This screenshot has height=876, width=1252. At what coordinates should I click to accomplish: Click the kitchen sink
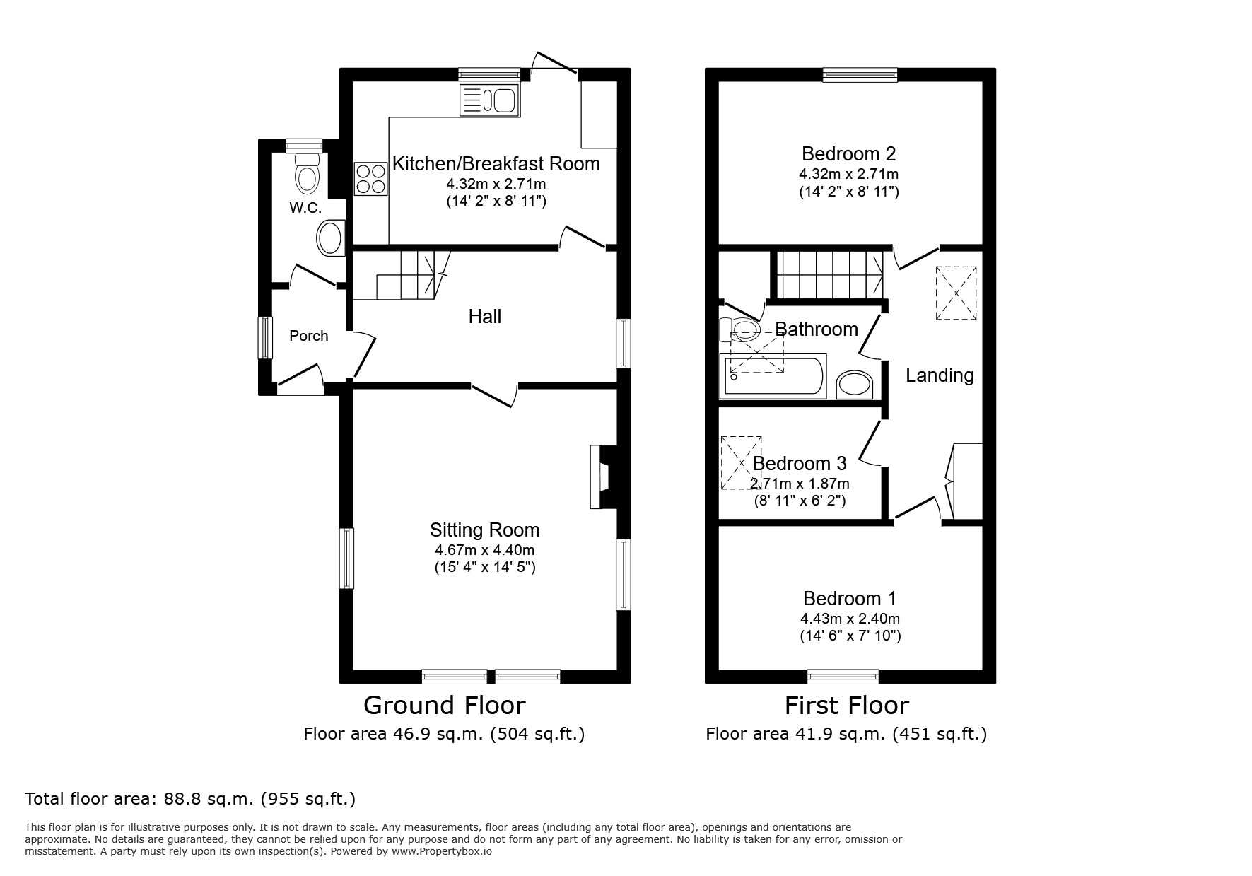click(489, 100)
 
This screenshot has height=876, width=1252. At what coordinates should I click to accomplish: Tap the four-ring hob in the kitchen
click(371, 178)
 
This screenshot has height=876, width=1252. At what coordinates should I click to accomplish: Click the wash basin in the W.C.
click(331, 238)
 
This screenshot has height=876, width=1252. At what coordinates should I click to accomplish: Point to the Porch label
click(309, 336)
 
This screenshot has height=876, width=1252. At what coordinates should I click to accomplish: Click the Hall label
click(485, 316)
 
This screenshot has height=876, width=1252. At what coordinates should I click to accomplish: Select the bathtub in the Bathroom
click(772, 375)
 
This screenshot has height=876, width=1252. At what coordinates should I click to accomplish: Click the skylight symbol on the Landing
click(956, 293)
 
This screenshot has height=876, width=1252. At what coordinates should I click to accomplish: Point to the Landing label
click(940, 375)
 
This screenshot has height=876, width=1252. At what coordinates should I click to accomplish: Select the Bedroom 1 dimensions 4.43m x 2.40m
click(850, 619)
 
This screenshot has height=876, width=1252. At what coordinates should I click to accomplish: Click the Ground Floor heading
click(444, 706)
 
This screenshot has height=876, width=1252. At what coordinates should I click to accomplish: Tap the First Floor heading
click(847, 706)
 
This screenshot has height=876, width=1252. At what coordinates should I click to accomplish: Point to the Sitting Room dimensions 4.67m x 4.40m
click(485, 550)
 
